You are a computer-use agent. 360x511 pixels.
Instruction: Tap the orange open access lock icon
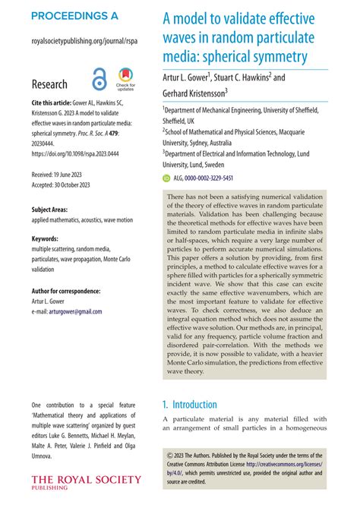[99, 80]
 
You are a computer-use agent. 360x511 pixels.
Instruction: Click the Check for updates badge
[126, 80]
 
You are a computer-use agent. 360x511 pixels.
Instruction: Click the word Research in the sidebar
[49, 84]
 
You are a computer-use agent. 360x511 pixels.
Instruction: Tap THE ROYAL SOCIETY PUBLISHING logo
[86, 482]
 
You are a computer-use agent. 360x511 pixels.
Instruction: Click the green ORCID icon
[167, 178]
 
